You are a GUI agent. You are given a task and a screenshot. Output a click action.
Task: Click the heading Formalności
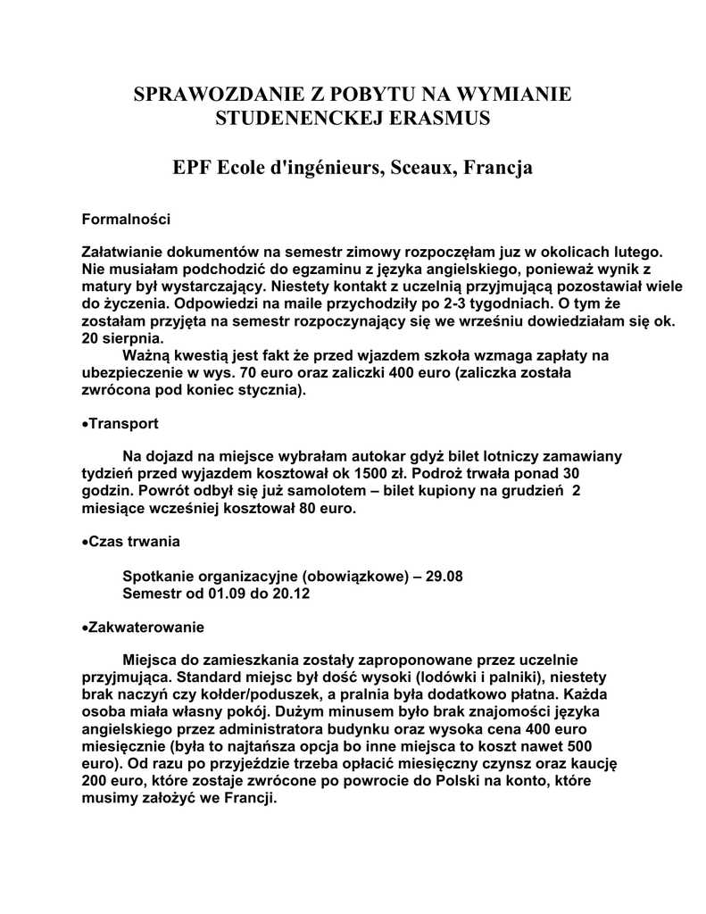126,218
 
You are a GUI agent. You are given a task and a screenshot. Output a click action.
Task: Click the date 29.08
444,576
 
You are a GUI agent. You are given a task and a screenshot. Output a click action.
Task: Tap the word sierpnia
134,338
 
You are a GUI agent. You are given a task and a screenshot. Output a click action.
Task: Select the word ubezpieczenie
133,372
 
